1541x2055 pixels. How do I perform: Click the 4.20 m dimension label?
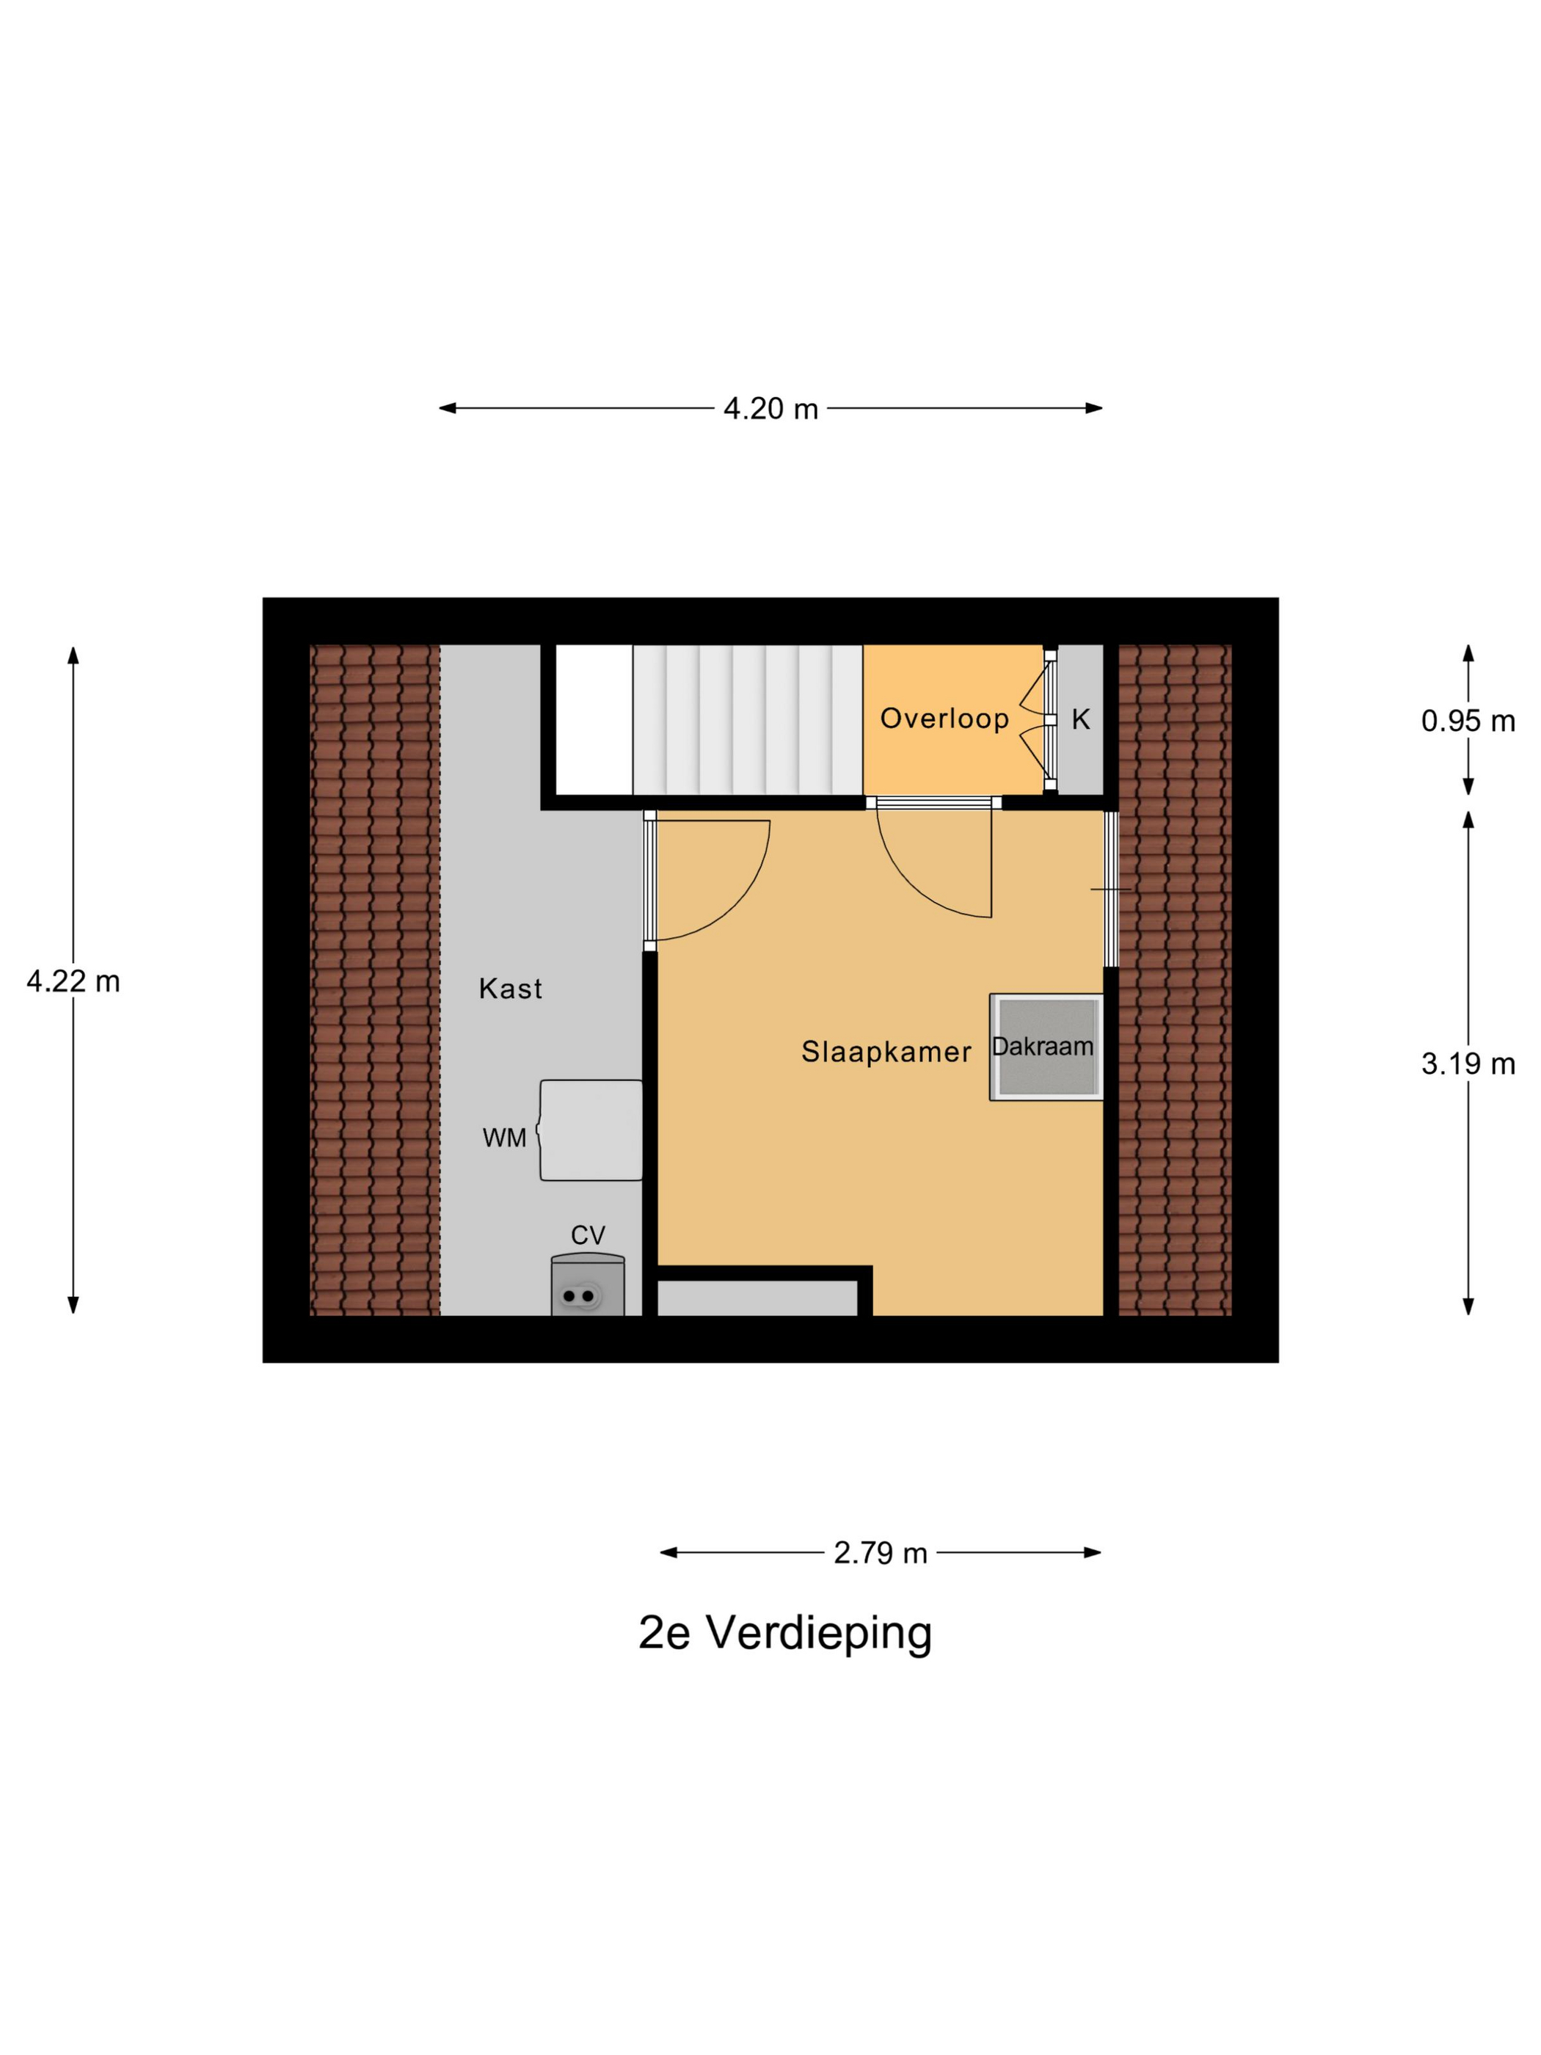point(770,409)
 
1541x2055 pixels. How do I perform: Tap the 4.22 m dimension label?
point(73,981)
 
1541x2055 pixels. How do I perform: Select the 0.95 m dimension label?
point(1468,721)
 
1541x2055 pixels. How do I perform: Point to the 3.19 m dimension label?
point(1468,1063)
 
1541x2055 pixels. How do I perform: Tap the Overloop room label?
point(944,718)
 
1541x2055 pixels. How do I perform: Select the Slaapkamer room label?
point(886,1052)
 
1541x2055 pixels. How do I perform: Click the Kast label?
point(510,989)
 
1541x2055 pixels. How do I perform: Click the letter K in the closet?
point(1080,719)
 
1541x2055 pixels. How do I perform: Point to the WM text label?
point(504,1138)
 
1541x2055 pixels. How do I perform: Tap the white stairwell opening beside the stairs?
point(594,720)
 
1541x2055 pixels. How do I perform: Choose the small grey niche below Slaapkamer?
point(757,1298)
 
